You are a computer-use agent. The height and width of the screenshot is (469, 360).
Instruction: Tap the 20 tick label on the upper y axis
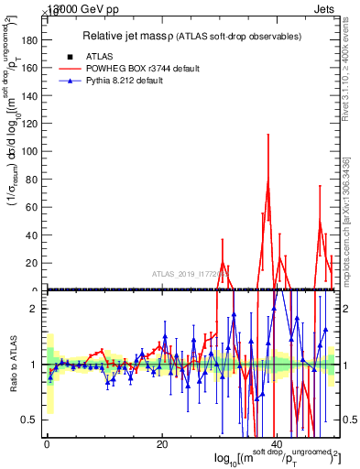tap(30, 263)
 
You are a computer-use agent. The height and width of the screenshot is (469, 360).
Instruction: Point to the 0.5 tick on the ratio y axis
tap(30, 420)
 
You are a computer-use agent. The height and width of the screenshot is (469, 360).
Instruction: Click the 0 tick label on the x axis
tap(47, 444)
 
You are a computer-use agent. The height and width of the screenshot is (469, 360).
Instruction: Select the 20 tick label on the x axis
tap(161, 444)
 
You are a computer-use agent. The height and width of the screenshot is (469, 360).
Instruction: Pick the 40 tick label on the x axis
tap(277, 444)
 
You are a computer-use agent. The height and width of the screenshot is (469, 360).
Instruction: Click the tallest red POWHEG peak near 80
tap(267, 180)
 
